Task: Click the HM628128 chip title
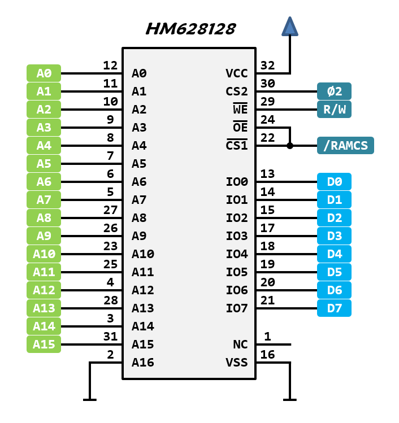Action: click(x=190, y=29)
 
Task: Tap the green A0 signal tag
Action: click(x=44, y=73)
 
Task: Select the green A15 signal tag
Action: click(x=44, y=344)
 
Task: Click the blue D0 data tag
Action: click(x=334, y=182)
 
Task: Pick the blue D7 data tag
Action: click(x=334, y=308)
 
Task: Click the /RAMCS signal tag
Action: click(x=345, y=146)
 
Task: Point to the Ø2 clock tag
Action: click(x=334, y=91)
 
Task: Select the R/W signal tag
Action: click(x=334, y=110)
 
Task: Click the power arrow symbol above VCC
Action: click(x=290, y=27)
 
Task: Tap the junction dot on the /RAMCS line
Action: click(x=290, y=146)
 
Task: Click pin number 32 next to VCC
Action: click(x=267, y=66)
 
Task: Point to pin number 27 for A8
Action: click(x=111, y=210)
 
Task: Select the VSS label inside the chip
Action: click(x=237, y=363)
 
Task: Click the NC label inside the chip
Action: click(x=240, y=344)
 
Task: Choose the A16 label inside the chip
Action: click(x=142, y=363)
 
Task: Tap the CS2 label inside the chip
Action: click(x=237, y=91)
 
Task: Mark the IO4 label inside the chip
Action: click(x=237, y=254)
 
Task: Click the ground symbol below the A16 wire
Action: click(x=89, y=399)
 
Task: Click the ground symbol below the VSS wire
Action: click(x=290, y=399)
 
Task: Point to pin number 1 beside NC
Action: click(x=267, y=337)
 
